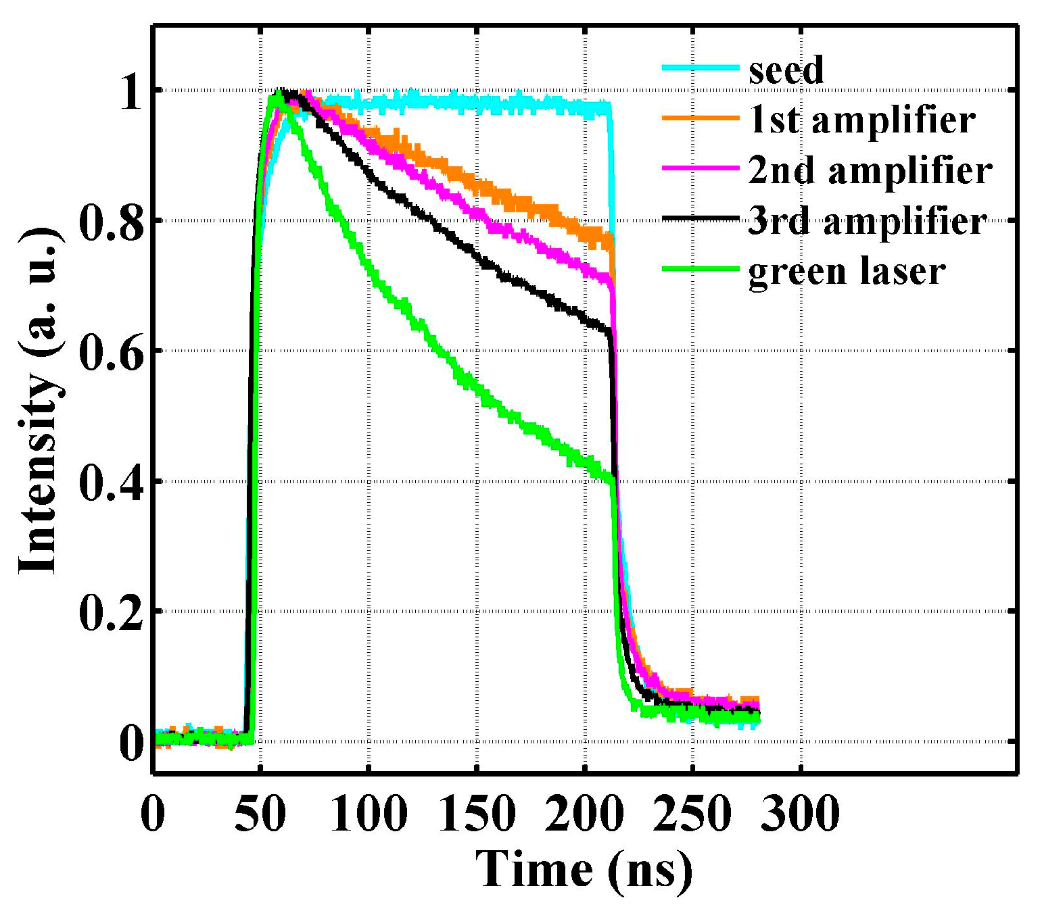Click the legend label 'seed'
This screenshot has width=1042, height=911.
[786, 70]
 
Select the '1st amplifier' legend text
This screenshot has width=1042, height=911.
[861, 120]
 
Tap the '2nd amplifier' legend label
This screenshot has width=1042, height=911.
[870, 170]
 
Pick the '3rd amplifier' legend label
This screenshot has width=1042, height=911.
[868, 220]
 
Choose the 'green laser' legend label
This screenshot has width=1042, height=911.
[847, 271]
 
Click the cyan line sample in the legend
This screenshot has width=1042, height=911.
[701, 67]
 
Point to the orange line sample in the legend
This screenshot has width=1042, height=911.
[701, 118]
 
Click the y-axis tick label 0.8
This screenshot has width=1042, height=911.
[112, 220]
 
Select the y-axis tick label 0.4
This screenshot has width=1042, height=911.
[112, 481]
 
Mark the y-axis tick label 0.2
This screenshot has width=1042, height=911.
[112, 612]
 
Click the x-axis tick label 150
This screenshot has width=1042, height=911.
[477, 813]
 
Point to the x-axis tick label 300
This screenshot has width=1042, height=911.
[801, 813]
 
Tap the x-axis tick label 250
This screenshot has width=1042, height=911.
[692, 813]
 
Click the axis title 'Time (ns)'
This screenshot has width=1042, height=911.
[584, 869]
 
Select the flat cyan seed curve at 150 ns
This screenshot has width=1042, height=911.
[477, 103]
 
